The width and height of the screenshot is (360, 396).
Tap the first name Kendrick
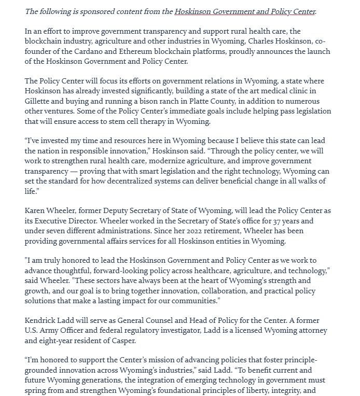41,320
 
